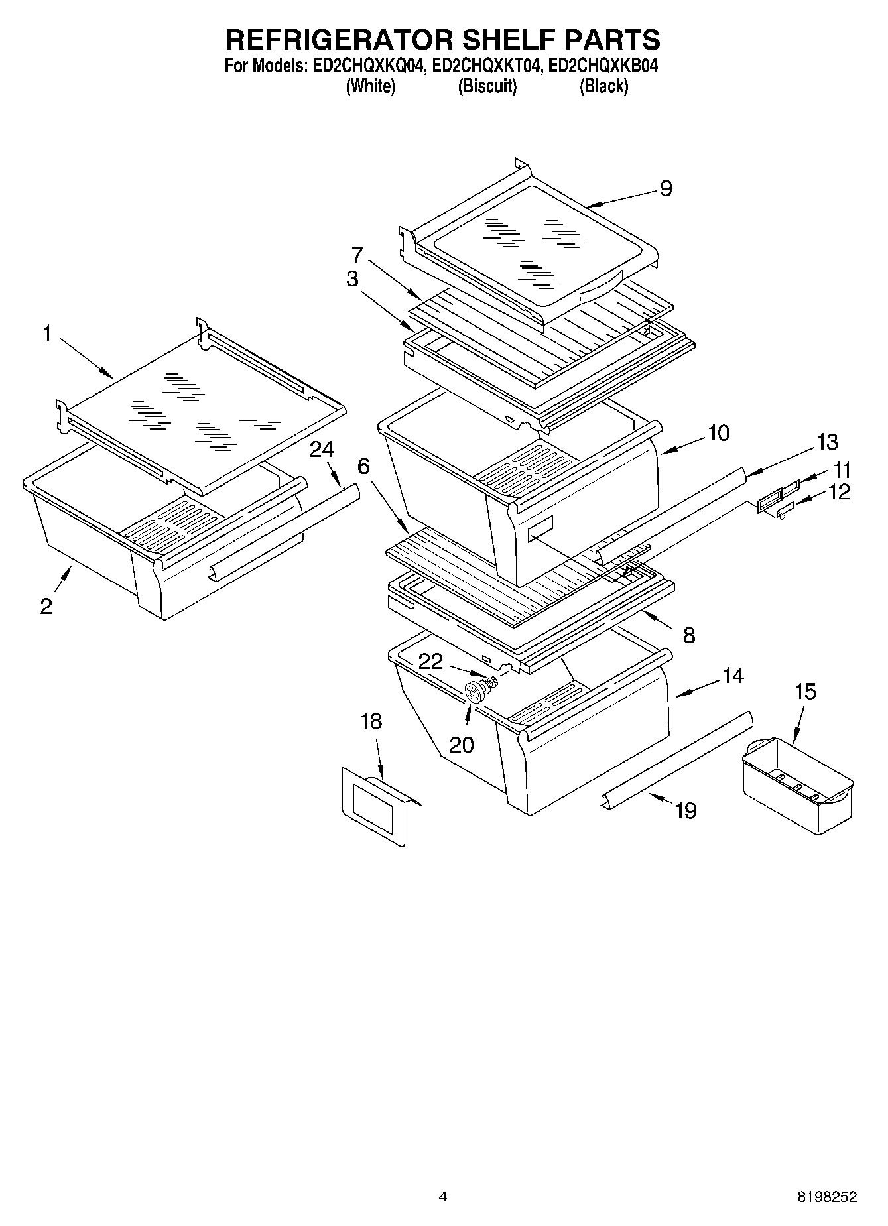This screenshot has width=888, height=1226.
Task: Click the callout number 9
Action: [x=666, y=189]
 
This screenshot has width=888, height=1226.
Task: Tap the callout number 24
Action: [x=322, y=450]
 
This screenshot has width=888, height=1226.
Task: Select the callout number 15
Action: [x=805, y=692]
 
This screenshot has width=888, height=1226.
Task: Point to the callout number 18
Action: [x=371, y=721]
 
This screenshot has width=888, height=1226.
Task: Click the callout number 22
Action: [x=431, y=661]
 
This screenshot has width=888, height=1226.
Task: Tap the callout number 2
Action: [x=46, y=606]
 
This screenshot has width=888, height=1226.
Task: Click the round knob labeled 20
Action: [x=474, y=694]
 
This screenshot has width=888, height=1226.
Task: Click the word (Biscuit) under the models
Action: [x=487, y=86]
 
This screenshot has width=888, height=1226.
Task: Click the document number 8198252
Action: [x=827, y=1197]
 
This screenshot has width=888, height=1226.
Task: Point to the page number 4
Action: [x=442, y=1197]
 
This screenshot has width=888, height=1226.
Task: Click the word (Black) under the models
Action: [x=603, y=86]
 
